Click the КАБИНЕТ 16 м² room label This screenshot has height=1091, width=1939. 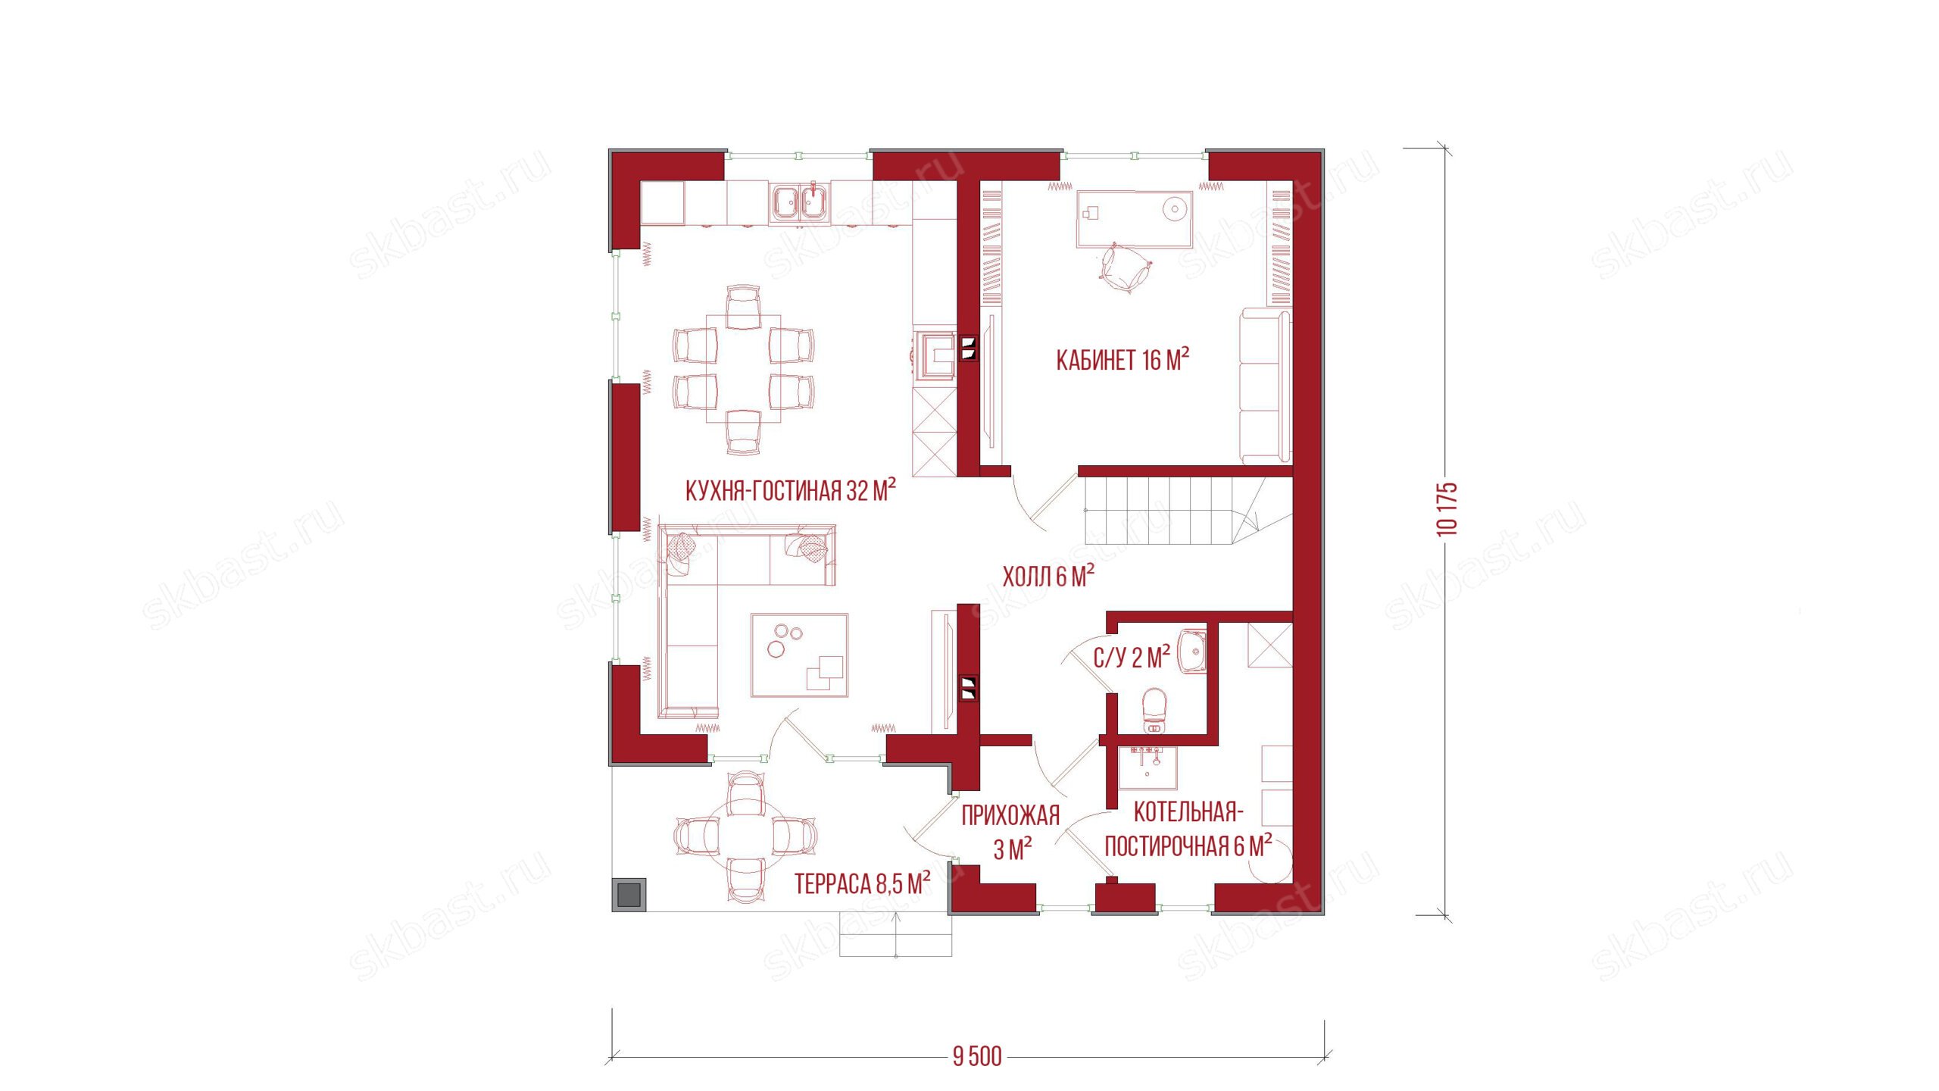click(x=1122, y=360)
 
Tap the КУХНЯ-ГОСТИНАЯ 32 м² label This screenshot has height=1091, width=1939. click(x=790, y=490)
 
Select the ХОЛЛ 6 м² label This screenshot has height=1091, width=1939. click(x=1048, y=577)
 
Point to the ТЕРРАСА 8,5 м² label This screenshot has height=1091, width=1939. click(x=863, y=883)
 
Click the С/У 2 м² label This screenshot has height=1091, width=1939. click(x=1132, y=657)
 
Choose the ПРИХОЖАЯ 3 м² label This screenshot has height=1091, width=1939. click(x=1011, y=832)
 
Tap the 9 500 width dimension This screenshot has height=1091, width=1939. click(x=977, y=1056)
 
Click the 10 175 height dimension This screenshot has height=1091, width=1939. click(x=1447, y=509)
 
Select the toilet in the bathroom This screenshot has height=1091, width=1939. click(x=1154, y=711)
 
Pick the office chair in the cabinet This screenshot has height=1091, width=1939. click(x=1124, y=267)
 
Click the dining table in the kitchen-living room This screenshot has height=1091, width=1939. click(x=743, y=369)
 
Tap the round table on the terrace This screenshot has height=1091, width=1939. click(x=745, y=836)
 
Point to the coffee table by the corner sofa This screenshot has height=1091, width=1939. click(x=799, y=655)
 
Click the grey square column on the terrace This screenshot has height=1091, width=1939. click(x=629, y=894)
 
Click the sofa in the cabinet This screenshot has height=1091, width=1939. click(x=1265, y=386)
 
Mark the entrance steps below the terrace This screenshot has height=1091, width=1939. click(x=895, y=934)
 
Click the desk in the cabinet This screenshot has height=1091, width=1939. click(x=1134, y=218)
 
